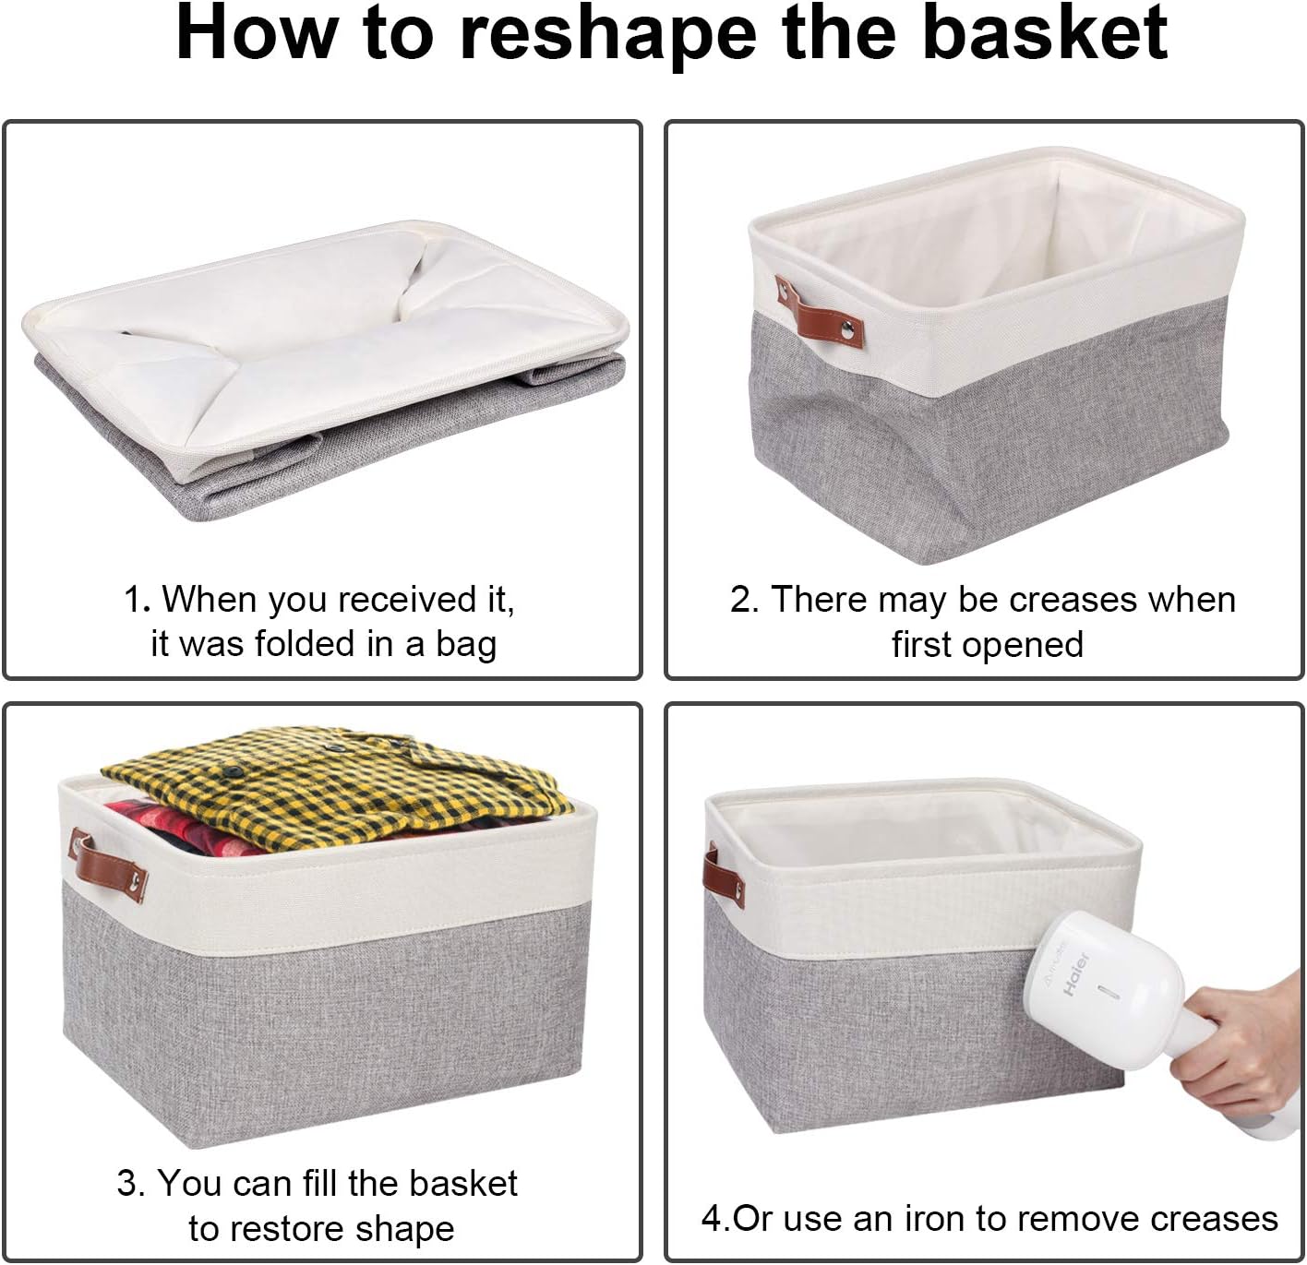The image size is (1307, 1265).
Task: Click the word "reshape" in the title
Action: tap(610, 35)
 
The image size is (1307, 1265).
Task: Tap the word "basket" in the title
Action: tap(1045, 33)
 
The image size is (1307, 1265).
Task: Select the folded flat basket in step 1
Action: tap(323, 369)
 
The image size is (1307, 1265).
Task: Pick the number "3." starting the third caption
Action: tap(131, 1184)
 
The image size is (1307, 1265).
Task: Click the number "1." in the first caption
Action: tap(137, 600)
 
